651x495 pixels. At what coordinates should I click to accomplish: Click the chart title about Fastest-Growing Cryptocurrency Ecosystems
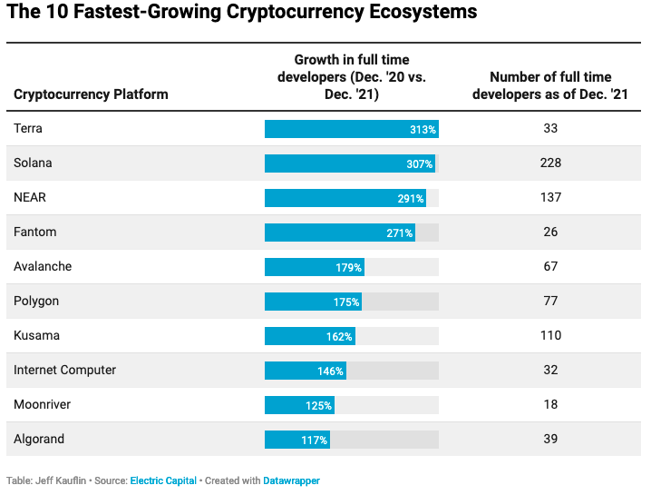242,14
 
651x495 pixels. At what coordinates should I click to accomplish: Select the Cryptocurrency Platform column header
91,94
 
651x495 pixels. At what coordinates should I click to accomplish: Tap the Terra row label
28,129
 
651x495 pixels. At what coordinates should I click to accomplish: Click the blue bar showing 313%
351,129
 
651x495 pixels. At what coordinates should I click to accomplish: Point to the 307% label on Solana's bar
421,163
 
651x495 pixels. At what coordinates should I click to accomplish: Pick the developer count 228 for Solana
549,163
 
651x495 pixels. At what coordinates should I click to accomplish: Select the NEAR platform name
31,198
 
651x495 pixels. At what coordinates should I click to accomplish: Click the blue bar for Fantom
339,233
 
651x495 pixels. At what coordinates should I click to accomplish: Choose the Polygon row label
36,302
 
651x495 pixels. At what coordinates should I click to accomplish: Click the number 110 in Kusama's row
549,336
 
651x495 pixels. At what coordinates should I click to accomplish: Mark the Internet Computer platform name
65,371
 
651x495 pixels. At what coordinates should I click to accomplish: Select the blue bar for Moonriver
299,405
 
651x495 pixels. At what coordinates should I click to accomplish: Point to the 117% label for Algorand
315,440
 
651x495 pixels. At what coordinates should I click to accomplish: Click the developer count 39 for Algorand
549,440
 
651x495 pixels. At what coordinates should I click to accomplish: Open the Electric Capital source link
163,480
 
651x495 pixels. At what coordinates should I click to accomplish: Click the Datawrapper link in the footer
291,480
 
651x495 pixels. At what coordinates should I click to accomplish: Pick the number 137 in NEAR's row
549,198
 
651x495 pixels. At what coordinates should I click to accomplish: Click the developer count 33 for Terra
549,129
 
